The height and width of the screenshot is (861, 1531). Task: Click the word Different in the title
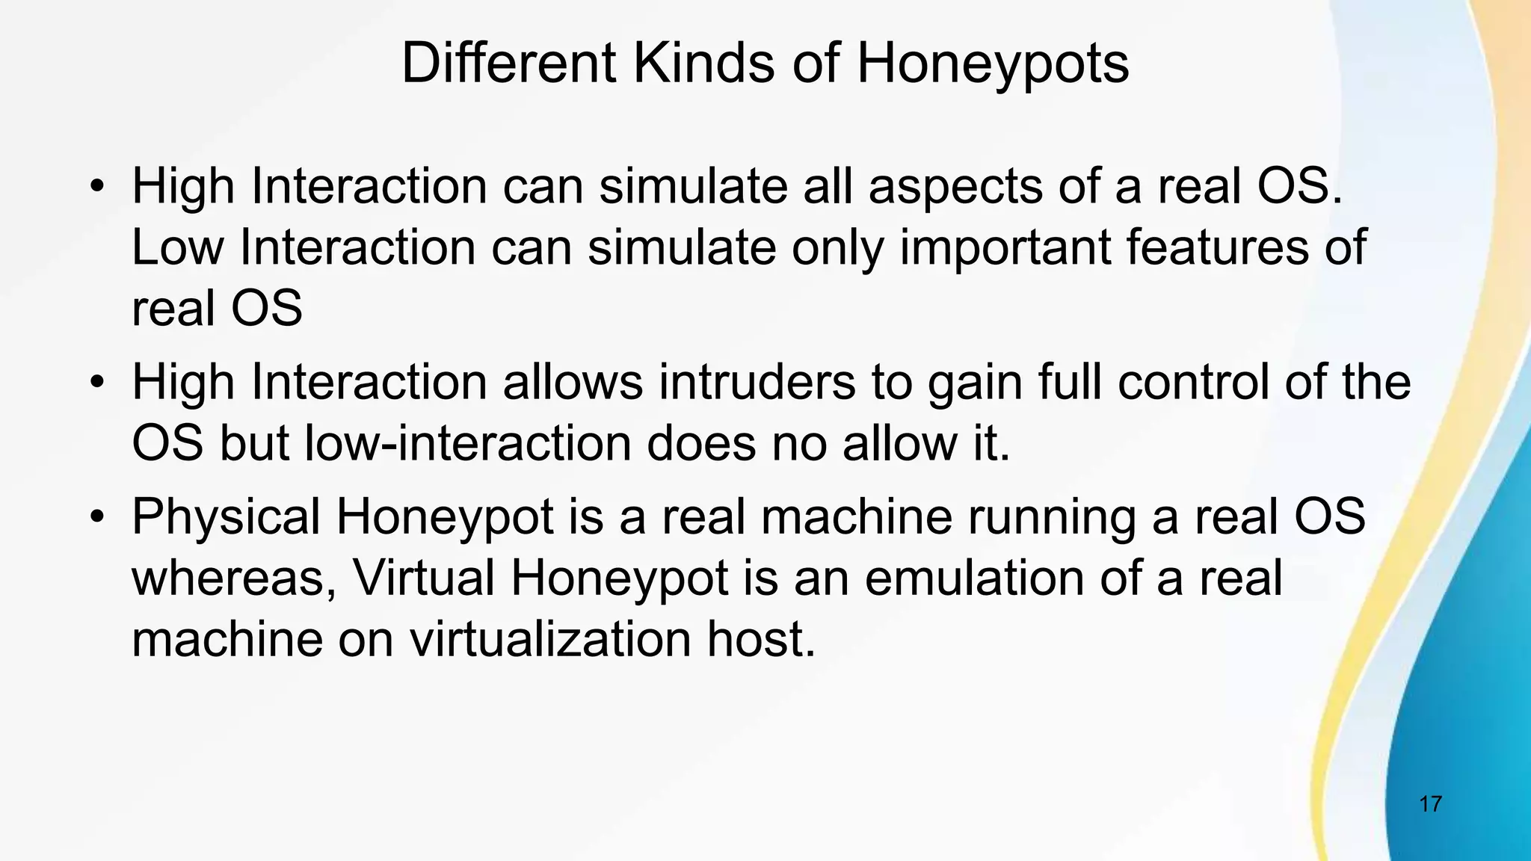pos(509,64)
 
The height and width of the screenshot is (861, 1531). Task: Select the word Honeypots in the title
pos(992,65)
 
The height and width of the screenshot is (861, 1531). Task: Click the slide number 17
pos(1430,804)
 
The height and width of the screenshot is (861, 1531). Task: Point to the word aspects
pos(955,188)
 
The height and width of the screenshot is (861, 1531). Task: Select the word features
pos(1218,247)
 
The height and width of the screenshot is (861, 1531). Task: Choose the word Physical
pos(226,518)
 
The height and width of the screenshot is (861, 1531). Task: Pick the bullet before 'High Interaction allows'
pos(96,382)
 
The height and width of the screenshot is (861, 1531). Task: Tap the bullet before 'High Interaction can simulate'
pos(96,186)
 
